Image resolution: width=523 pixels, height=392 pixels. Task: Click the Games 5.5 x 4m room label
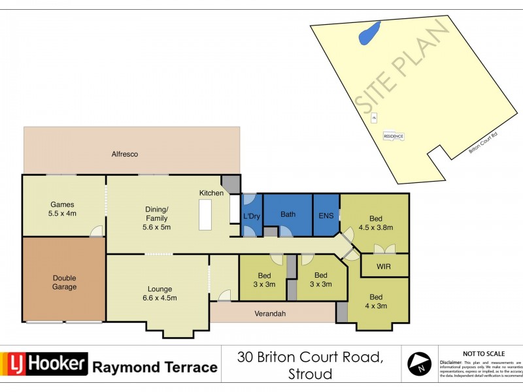click(63, 208)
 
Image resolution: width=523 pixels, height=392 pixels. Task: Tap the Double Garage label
click(64, 282)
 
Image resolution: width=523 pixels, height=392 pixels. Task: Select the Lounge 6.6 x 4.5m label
click(160, 293)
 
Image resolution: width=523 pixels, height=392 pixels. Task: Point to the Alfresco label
click(124, 154)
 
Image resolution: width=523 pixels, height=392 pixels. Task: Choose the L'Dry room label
click(252, 216)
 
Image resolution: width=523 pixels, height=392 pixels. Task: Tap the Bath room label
click(288, 214)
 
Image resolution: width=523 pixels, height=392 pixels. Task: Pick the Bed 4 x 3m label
click(375, 301)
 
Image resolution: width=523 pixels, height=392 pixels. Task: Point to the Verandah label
click(270, 313)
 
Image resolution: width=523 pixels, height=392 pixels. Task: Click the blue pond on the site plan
click(369, 34)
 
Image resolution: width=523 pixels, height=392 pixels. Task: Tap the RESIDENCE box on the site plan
click(393, 136)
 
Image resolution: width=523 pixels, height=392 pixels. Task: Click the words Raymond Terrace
click(154, 367)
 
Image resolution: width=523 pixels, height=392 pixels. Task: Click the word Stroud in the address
click(310, 374)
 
